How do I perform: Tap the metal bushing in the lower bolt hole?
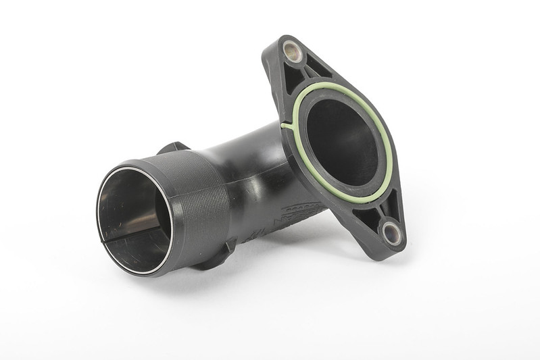pos(391,233)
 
